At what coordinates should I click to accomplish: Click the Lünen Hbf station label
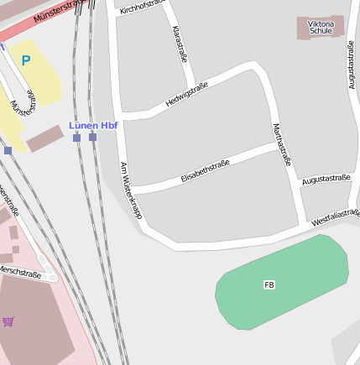pyautogui.click(x=92, y=126)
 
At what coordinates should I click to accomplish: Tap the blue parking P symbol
pyautogui.click(x=25, y=60)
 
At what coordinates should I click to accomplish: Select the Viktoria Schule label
pyautogui.click(x=321, y=27)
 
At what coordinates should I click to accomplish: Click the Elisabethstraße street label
pyautogui.click(x=205, y=171)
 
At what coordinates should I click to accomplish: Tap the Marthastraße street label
pyautogui.click(x=281, y=143)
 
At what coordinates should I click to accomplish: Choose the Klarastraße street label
pyautogui.click(x=178, y=44)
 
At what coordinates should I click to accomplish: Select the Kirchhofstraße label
pyautogui.click(x=140, y=8)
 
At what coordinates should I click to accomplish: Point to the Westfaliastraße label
pyautogui.click(x=335, y=217)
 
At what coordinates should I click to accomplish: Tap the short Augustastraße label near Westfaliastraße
pyautogui.click(x=326, y=179)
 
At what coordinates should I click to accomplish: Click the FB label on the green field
pyautogui.click(x=269, y=285)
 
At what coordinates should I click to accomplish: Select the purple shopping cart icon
pyautogui.click(x=8, y=321)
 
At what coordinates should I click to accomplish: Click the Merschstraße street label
pyautogui.click(x=20, y=273)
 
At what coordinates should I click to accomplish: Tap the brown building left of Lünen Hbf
pyautogui.click(x=44, y=138)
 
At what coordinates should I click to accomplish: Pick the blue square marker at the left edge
pyautogui.click(x=8, y=150)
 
